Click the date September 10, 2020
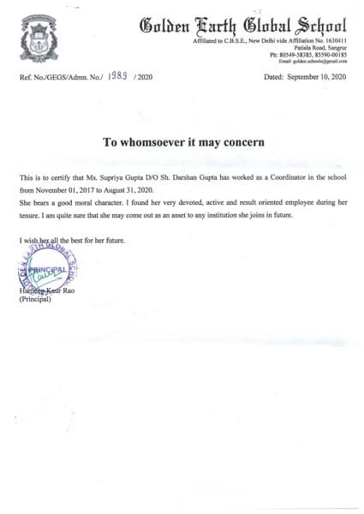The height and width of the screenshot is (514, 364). tap(312, 77)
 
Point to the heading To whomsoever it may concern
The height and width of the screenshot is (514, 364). tap(182, 140)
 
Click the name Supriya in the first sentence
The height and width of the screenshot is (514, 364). tap(131, 177)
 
